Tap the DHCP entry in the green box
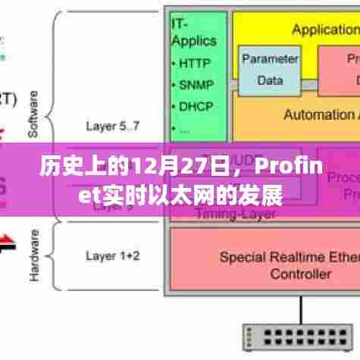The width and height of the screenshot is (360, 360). [197, 106]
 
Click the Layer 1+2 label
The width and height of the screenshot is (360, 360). [112, 255]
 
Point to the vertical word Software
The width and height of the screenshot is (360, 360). [33, 114]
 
